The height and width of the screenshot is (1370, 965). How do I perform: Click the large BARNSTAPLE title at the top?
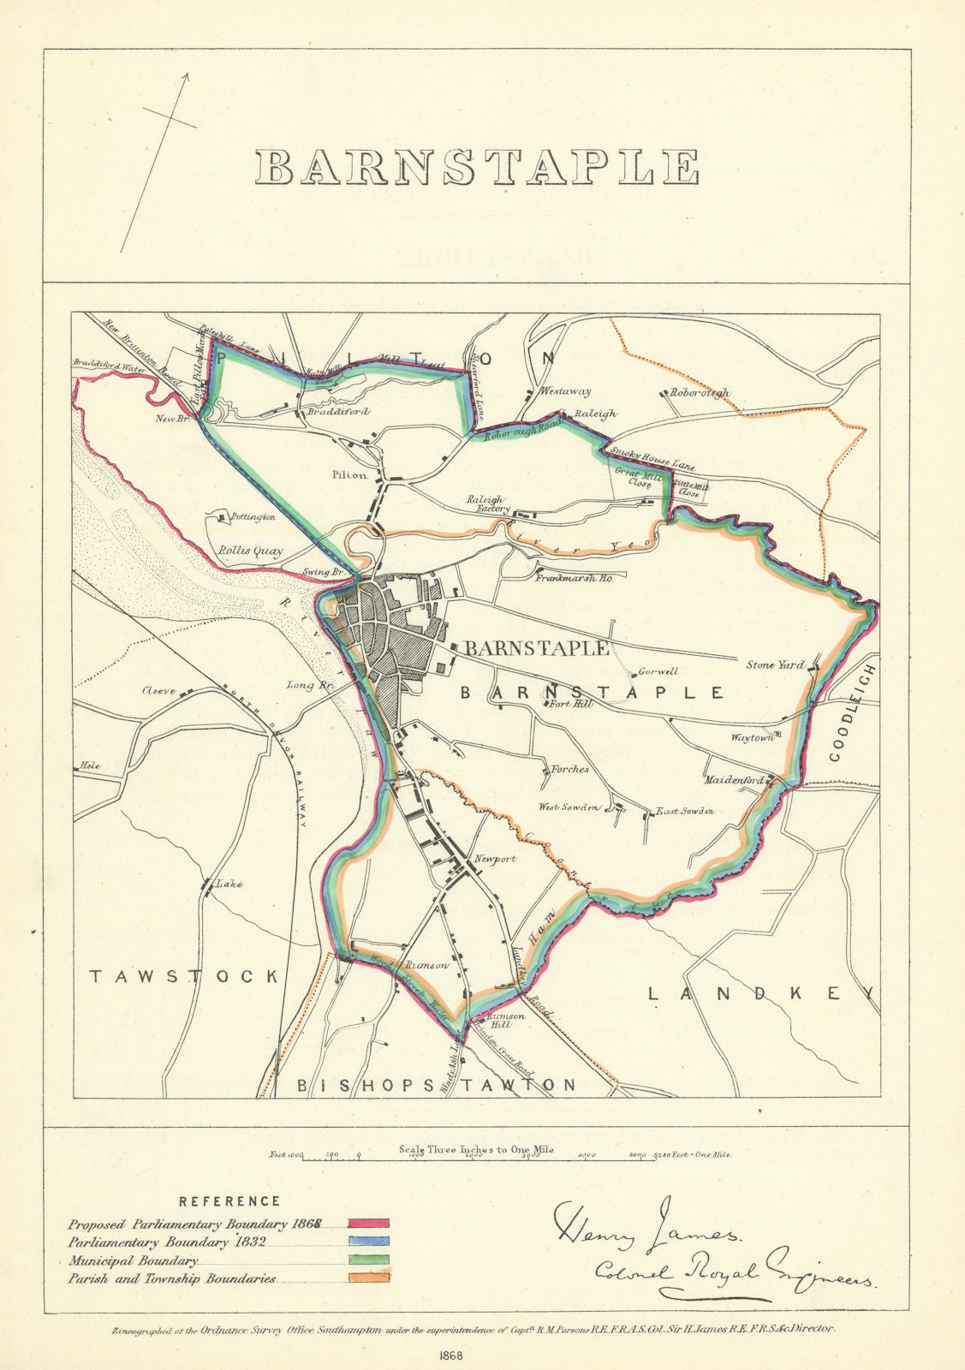pyautogui.click(x=477, y=168)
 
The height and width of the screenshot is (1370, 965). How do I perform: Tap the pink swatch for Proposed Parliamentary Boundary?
pyautogui.click(x=369, y=1224)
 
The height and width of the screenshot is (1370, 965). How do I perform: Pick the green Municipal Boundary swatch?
pyautogui.click(x=369, y=1260)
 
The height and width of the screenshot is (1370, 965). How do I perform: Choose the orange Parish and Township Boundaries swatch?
pyautogui.click(x=369, y=1278)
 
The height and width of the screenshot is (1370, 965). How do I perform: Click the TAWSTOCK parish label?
pyautogui.click(x=185, y=976)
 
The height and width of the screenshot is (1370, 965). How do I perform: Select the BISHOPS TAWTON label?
pyautogui.click(x=437, y=1085)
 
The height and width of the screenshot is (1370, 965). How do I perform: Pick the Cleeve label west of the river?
pyautogui.click(x=159, y=691)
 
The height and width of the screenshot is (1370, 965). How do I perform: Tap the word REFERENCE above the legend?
pyautogui.click(x=229, y=1201)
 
